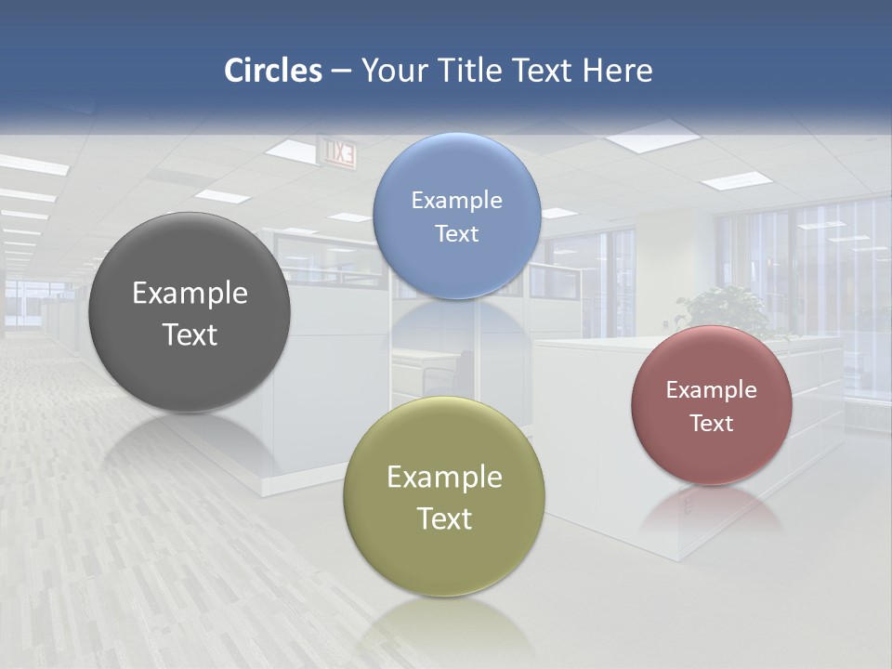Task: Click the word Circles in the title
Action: point(272,71)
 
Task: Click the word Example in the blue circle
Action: point(456,200)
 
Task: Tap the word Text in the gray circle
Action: point(190,334)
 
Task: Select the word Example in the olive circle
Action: point(444,477)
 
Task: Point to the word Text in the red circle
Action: point(712,423)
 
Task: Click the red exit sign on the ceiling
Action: point(337,151)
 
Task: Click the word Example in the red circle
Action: point(712,389)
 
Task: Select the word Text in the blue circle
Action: point(456,233)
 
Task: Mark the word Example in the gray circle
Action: point(190,293)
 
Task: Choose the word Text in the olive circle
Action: point(444,518)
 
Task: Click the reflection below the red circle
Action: point(712,511)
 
